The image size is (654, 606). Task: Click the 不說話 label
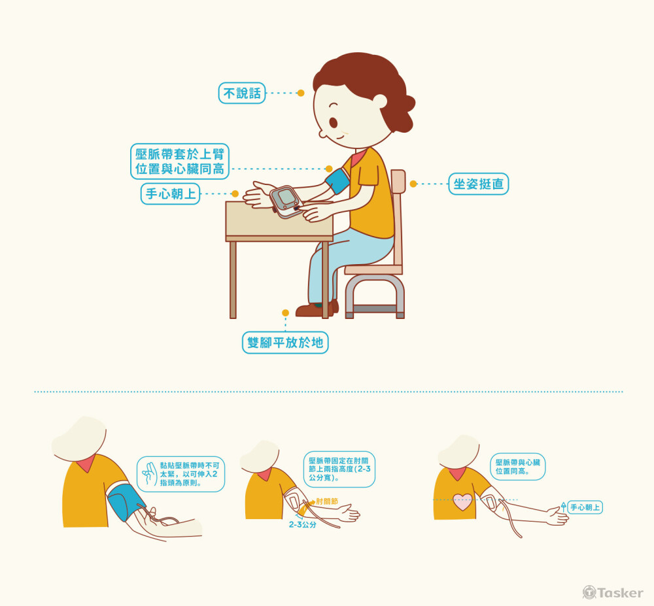[242, 93]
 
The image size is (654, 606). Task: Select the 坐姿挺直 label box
[479, 184]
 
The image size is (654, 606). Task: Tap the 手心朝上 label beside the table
[171, 194]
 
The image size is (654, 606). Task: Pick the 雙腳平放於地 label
[285, 343]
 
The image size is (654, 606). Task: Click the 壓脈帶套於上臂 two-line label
[180, 161]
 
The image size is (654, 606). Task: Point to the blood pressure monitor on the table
[286, 201]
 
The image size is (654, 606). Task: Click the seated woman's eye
[334, 122]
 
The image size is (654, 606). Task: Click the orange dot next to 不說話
[301, 93]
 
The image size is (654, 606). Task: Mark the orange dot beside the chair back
[413, 184]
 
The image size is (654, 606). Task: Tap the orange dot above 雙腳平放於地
[285, 313]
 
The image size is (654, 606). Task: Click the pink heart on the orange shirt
[462, 502]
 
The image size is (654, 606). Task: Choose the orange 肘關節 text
[327, 501]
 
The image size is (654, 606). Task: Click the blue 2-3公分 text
[302, 525]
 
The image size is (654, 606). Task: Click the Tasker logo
[613, 592]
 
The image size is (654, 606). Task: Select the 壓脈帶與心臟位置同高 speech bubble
[517, 467]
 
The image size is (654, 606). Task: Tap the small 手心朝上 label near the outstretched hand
[585, 507]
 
